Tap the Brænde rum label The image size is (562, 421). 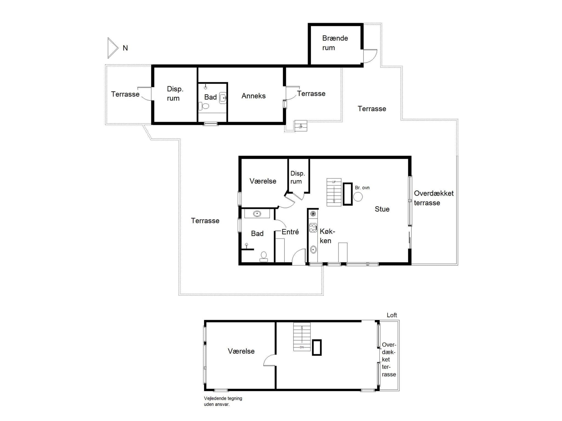pyautogui.click(x=335, y=43)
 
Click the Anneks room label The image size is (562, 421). pyautogui.click(x=253, y=96)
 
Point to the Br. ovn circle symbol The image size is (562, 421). pyautogui.click(x=358, y=197)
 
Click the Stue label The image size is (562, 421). pyautogui.click(x=382, y=209)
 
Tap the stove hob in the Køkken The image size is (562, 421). pyautogui.click(x=313, y=228)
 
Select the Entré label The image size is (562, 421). pyautogui.click(x=290, y=232)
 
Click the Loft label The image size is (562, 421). pyautogui.click(x=392, y=315)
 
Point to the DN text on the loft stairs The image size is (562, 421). pyautogui.click(x=302, y=347)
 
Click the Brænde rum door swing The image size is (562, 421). pyautogui.click(x=370, y=56)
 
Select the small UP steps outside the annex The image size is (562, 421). pyautogui.click(x=300, y=126)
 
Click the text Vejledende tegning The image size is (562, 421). pyautogui.click(x=223, y=398)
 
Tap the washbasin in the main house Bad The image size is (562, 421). pyautogui.click(x=257, y=214)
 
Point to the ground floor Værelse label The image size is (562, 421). pyautogui.click(x=263, y=181)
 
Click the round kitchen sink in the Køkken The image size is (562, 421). pyautogui.click(x=313, y=249)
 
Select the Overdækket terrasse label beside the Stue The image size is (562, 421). pyautogui.click(x=433, y=198)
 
